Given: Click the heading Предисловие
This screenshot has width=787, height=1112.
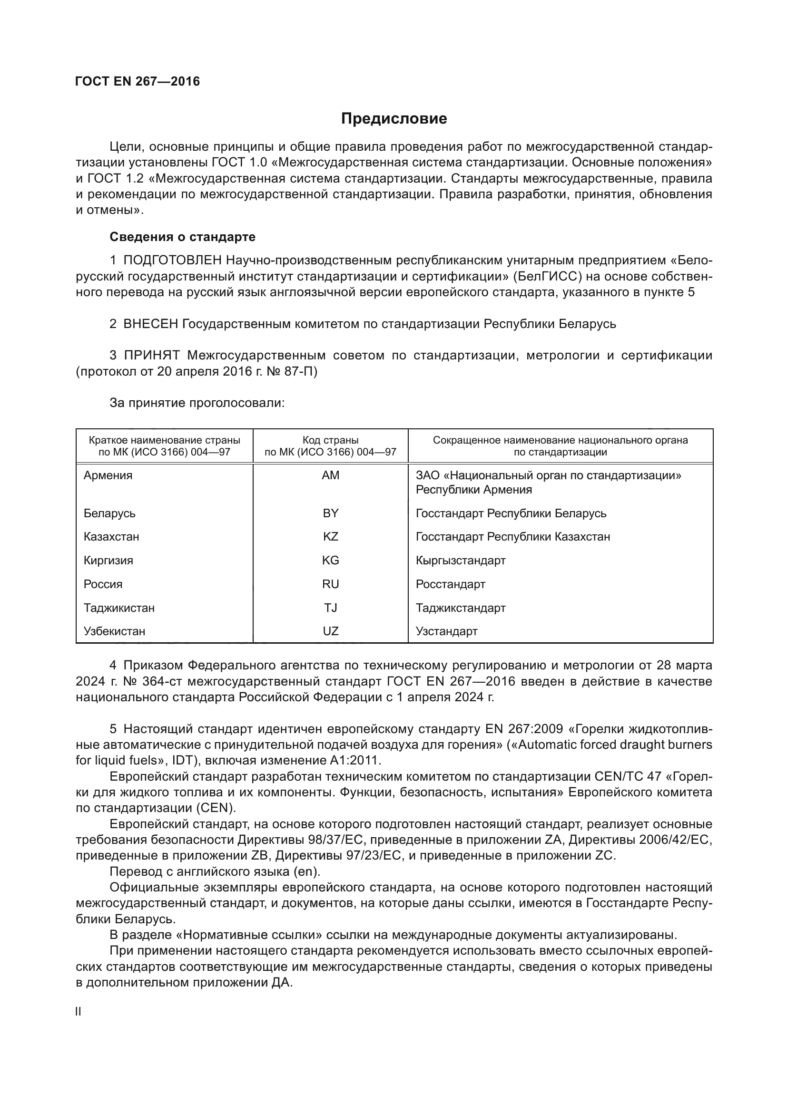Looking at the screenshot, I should pos(393,119).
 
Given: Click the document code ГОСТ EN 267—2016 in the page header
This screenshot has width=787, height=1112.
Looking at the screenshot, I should pos(138,81).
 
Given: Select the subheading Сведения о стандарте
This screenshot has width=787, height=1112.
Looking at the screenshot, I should pos(182,237).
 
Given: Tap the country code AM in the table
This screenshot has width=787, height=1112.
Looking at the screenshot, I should pos(331,475).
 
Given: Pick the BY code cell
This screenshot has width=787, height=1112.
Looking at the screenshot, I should pos(331,513).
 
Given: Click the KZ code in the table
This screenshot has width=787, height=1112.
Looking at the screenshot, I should pos(331,537).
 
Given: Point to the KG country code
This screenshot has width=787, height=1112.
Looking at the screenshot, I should pos(331,561).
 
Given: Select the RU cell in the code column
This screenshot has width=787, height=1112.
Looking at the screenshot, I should pos(331,584).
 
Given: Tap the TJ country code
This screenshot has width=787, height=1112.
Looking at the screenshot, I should pos(331,608).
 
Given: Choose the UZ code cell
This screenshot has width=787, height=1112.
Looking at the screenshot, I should pos(331,631).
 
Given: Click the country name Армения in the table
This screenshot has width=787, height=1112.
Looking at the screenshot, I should pos(108,475).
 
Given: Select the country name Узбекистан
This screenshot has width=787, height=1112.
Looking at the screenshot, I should pos(114,631).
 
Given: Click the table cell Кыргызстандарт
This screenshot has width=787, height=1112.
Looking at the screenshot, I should pos(461,561).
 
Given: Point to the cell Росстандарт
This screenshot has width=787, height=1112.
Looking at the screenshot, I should pos(450,584).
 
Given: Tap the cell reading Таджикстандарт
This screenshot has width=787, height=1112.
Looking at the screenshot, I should pos(461,608).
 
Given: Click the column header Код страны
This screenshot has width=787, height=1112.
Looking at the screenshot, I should pos(331,440).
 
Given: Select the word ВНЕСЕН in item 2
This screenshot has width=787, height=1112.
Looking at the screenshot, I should pos(151,324).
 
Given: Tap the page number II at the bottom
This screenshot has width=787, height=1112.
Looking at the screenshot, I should pos(79,1011).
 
